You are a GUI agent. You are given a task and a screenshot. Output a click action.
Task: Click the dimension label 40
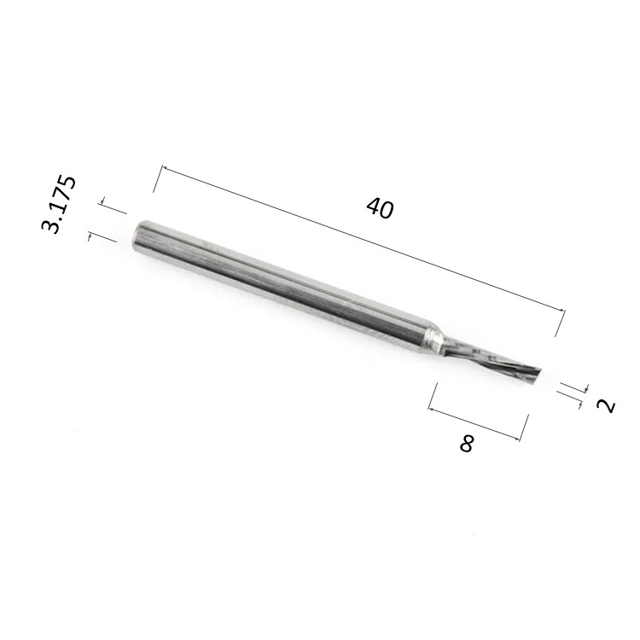click(380, 208)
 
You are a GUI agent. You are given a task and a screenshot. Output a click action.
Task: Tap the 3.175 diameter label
click(59, 204)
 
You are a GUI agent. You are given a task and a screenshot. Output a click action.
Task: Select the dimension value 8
click(466, 443)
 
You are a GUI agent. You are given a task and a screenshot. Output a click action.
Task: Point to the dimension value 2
click(607, 405)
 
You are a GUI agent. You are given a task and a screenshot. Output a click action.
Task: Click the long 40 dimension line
click(364, 239)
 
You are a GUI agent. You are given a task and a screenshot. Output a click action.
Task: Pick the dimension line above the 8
click(474, 424)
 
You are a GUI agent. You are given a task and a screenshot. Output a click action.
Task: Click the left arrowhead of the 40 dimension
click(164, 167)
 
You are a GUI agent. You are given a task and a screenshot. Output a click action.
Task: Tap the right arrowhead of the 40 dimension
click(563, 311)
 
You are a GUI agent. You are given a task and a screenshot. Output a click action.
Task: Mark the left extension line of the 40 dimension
click(158, 179)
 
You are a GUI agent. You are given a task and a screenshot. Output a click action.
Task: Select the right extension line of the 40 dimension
click(561, 323)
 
